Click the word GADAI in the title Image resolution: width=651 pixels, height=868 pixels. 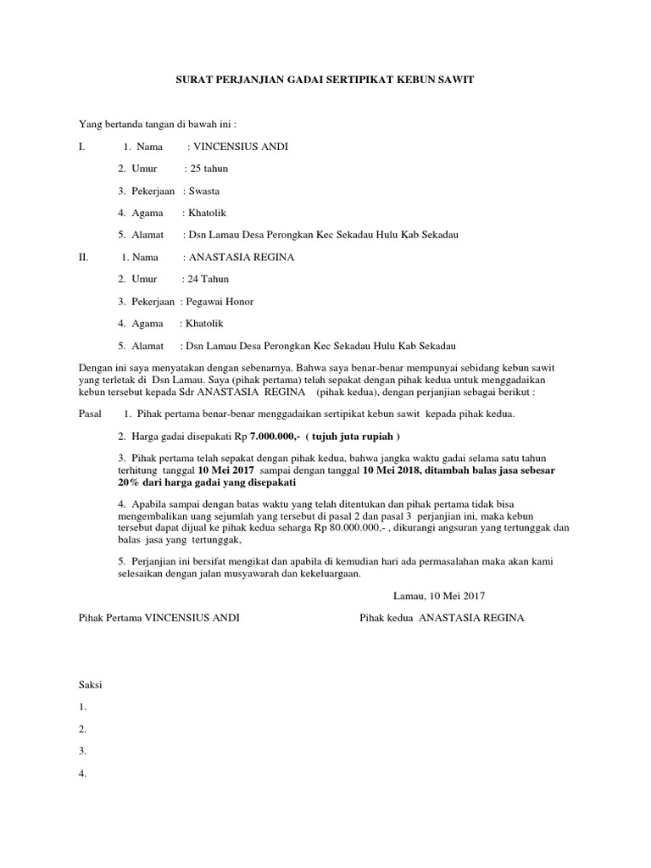point(308,79)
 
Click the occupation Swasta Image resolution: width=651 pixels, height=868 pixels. point(206,191)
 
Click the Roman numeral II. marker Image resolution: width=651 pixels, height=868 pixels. point(83,257)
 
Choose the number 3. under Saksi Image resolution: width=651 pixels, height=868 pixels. point(82,750)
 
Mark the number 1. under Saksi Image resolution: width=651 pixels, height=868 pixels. point(82,706)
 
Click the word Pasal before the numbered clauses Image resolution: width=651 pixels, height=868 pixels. point(89,414)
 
